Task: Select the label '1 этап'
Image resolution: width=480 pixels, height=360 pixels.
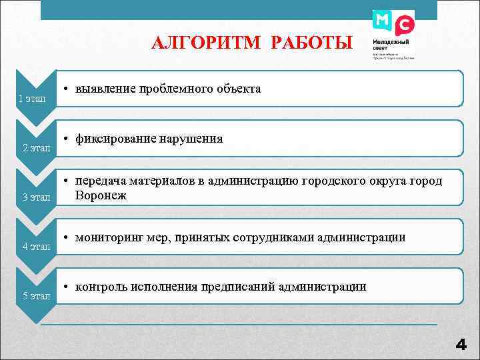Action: coord(31,99)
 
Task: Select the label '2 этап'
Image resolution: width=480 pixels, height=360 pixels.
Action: coord(37,147)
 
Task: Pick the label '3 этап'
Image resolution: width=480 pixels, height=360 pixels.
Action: coord(37,197)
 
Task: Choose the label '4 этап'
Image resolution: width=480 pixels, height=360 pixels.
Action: coord(37,246)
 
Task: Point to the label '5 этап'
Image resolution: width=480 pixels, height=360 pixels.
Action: coord(37,295)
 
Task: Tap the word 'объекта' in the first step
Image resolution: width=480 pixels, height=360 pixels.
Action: coord(238,89)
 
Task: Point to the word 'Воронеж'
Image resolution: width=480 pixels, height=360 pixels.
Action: coord(101,196)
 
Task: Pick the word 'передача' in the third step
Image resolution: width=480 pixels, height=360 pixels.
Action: coord(101,181)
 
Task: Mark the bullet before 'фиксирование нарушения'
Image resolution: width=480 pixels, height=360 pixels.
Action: coord(67,139)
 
